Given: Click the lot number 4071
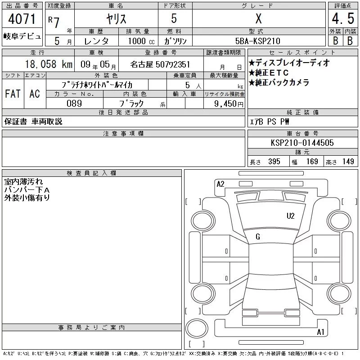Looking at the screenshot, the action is [22, 19].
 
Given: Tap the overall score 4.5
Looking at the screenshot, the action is [343, 18].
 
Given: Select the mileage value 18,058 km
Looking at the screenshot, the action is [49, 64].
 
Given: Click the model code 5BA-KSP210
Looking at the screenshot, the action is [258, 41].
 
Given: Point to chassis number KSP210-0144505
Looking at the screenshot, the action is [302, 143].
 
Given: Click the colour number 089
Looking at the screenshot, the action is [74, 103].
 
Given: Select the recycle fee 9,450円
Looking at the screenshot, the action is [229, 104].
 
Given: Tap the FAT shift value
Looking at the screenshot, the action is [13, 94].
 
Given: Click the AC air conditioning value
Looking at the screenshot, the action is [35, 94].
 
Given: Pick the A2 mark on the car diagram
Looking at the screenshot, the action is [220, 184].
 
